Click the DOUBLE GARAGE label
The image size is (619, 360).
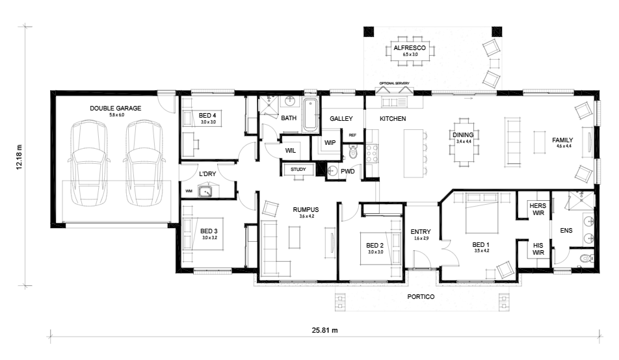click(116, 108)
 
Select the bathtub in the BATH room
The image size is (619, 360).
click(309, 115)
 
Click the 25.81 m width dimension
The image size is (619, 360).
click(324, 330)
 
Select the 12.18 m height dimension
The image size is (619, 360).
click(20, 156)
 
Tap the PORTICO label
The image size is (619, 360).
click(421, 297)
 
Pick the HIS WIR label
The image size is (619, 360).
click(538, 249)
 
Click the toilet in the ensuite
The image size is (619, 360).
click(585, 259)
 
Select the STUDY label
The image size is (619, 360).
click(298, 170)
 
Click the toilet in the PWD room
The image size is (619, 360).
click(353, 154)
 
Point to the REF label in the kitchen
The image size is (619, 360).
click(352, 135)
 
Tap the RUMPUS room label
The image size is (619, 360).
click(304, 209)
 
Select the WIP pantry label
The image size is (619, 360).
click(330, 142)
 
